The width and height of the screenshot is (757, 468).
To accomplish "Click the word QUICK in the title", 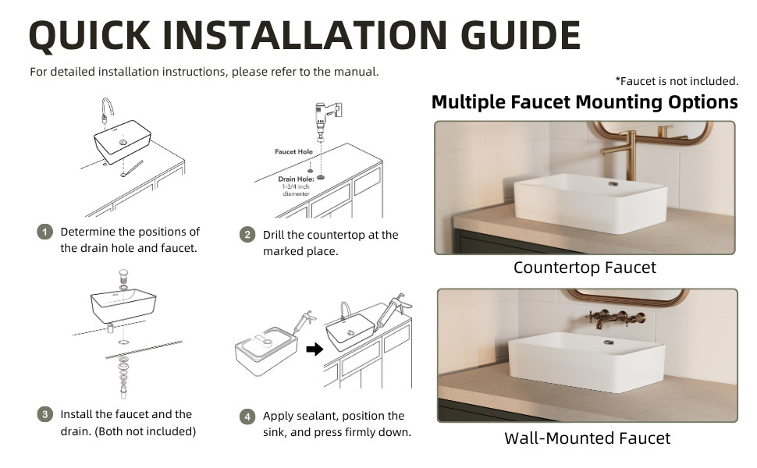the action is tap(90, 35).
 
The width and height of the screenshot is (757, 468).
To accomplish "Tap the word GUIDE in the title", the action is tap(521, 35).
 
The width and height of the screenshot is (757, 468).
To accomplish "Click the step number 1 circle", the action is tap(45, 232).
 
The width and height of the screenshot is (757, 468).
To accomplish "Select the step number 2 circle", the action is tap(247, 235).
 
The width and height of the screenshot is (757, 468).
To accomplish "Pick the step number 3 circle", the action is tap(45, 414).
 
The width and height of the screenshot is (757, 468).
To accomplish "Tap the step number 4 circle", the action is tap(247, 417).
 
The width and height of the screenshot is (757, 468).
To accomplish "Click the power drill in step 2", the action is tap(325, 119).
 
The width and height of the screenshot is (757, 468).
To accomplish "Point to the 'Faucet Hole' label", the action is tap(293, 151).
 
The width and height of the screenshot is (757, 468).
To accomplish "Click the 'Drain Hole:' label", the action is tap(296, 179).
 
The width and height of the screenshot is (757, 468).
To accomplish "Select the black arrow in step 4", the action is tap(315, 349).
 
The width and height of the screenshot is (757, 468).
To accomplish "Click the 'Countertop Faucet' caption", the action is tap(585, 268).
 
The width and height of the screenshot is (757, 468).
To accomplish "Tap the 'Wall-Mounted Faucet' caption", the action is tap(587, 438).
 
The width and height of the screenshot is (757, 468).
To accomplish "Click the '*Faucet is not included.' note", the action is tap(677, 81).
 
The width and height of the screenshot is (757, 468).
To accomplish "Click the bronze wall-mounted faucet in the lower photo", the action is tap(615, 319).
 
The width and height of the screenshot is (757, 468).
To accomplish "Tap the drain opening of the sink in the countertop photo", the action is tap(613, 184).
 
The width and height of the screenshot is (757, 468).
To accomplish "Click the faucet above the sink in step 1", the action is tap(107, 111).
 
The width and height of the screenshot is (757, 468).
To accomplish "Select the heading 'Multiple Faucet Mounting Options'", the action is tap(585, 102).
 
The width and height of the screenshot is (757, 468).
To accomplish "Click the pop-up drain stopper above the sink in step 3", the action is tap(123, 277).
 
